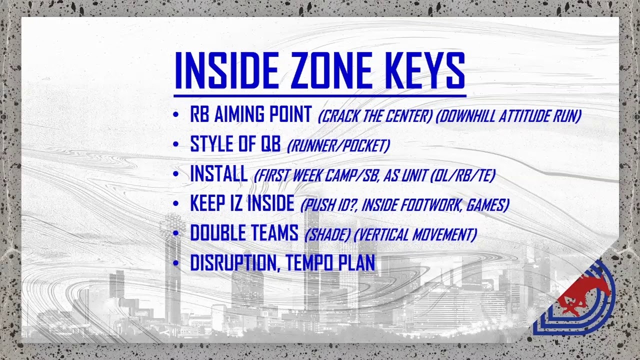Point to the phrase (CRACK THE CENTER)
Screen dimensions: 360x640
coord(375,116)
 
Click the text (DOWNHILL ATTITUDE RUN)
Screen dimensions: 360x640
coord(508,116)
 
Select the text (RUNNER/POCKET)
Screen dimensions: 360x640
coord(338,145)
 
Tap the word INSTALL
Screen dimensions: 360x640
coord(218,174)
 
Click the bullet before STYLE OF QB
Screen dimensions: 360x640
coord(175,145)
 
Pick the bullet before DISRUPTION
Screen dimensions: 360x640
coord(175,263)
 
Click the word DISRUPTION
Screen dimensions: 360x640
coord(233,263)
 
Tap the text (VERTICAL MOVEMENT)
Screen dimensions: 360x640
coord(415,234)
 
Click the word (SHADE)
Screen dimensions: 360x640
coord(327,234)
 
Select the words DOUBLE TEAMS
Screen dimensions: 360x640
coord(244,233)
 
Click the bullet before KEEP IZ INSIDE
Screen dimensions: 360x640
coord(175,204)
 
